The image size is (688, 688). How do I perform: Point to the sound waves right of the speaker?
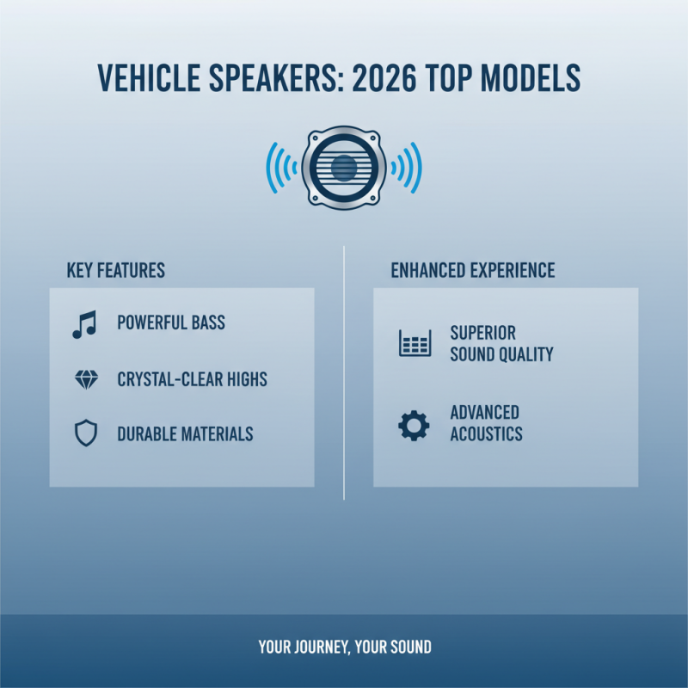[407, 167]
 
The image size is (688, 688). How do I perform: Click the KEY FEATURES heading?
[115, 270]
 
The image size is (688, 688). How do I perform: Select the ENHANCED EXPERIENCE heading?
[473, 270]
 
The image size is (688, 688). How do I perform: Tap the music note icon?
[84, 324]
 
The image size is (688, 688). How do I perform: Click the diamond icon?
[86, 379]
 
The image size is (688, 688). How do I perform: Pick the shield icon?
[86, 434]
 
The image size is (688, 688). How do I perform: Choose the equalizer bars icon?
[415, 343]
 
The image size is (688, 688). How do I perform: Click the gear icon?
[414, 425]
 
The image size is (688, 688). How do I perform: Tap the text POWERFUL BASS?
[171, 323]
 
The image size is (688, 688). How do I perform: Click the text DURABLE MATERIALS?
[185, 434]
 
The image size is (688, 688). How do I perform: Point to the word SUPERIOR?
[482, 333]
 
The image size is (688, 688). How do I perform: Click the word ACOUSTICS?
[486, 434]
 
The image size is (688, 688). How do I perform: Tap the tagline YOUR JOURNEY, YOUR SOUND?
[345, 647]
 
